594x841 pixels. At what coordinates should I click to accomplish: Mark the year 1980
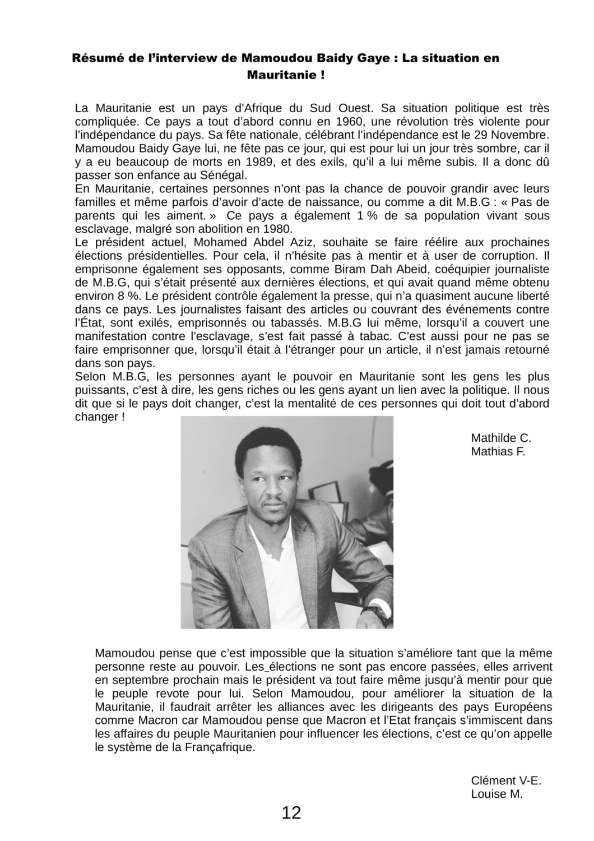click(272, 229)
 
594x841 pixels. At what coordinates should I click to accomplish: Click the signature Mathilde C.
click(501, 438)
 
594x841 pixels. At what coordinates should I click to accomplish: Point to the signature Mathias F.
click(498, 451)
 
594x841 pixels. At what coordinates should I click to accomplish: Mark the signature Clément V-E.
click(506, 780)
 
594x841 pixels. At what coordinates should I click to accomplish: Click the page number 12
click(291, 812)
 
